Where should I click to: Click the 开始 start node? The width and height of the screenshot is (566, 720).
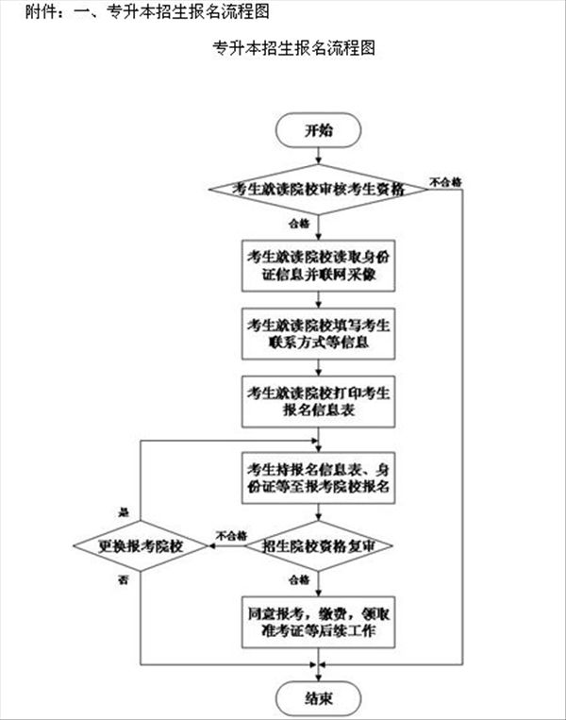[x=318, y=130]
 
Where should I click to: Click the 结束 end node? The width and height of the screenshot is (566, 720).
[x=318, y=699]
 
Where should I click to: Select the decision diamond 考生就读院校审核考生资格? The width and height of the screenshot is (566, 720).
[x=318, y=189]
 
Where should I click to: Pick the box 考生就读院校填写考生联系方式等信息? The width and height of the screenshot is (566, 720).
[x=318, y=333]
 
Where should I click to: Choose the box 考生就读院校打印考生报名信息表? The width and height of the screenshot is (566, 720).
[x=318, y=401]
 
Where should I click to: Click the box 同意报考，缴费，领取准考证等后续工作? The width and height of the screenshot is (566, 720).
[x=318, y=622]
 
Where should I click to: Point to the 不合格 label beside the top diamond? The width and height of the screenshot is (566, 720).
[x=445, y=180]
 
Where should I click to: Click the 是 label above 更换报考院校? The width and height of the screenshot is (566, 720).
[x=123, y=511]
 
